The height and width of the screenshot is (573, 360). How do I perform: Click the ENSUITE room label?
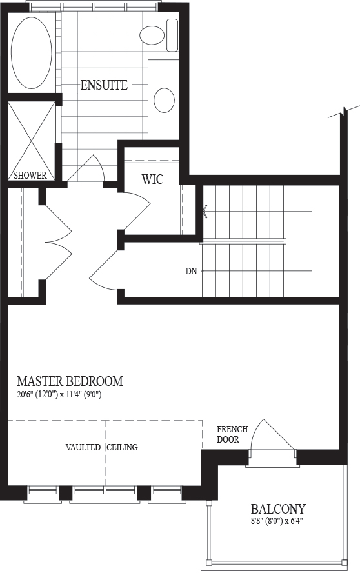[x=104, y=85]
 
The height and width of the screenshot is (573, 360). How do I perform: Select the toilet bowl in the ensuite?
[x=152, y=34]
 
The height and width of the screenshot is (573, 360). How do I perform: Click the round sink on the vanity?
[x=164, y=100]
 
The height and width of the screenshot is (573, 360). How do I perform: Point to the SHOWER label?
[x=30, y=176]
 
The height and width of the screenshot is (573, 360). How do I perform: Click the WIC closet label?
[x=152, y=179]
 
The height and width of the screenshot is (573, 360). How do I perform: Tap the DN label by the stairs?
[x=191, y=271]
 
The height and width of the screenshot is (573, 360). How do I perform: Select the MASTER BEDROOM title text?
[x=70, y=381]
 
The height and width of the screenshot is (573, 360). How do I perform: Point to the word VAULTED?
[x=83, y=447]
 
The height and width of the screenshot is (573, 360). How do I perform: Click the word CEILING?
[x=122, y=447]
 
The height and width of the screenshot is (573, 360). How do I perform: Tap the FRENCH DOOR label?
[x=232, y=434]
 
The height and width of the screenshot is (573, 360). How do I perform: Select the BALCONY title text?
[x=278, y=508]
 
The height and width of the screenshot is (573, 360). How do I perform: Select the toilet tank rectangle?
[x=172, y=35]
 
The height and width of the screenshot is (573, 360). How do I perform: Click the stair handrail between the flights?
[x=243, y=241]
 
